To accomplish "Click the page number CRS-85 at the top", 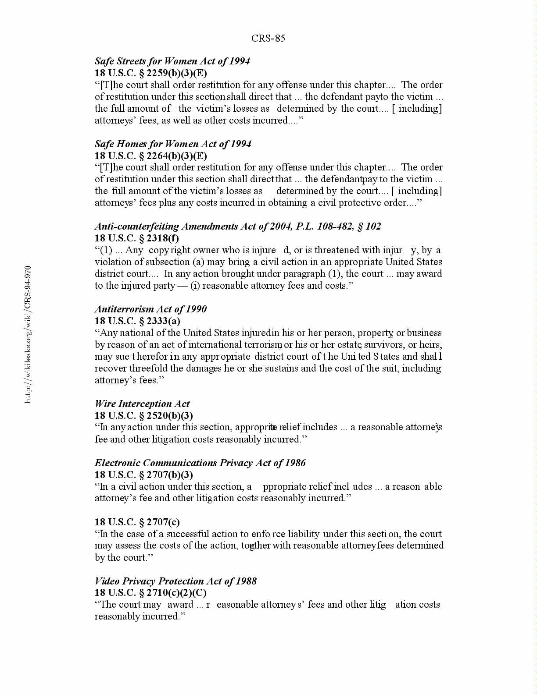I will [268, 39].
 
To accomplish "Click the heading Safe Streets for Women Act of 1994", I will [172, 61].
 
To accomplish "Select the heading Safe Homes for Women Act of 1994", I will [173, 144].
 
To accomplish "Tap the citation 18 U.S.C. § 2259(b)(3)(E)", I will [151, 73].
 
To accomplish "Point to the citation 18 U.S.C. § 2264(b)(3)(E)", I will [151, 156].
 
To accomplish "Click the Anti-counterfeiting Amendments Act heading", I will [238, 227].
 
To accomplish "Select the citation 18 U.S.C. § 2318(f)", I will [137, 238].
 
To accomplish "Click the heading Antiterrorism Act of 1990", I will [150, 309].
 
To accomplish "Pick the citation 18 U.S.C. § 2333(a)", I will [137, 321].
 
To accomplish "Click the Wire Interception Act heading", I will [142, 404].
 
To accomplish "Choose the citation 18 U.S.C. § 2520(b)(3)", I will [144, 416].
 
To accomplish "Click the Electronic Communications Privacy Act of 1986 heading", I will [200, 463].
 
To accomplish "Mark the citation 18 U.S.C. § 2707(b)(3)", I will [144, 475].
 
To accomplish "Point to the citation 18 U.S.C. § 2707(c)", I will [137, 522].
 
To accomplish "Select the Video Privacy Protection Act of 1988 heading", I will [175, 581].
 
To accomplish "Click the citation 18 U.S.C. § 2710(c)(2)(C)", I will [150, 593].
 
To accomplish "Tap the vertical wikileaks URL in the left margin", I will [28, 334].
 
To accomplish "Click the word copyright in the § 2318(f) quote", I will [169, 251].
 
